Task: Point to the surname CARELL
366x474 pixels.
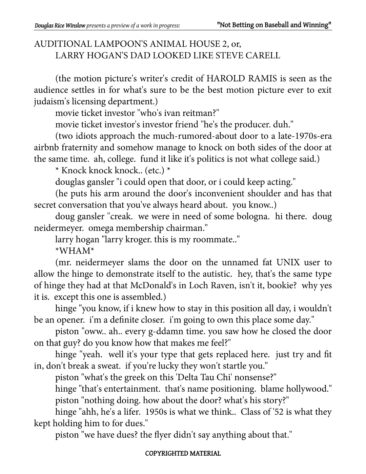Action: pos(263,56)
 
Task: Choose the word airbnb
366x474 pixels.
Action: pos(46,148)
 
